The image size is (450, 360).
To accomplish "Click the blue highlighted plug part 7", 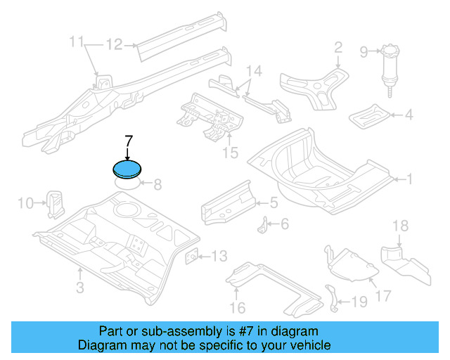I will pos(127,169).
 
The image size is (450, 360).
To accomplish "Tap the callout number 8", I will pos(157,185).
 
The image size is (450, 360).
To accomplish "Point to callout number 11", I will pos(77,44).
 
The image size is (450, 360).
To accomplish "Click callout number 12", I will pos(114,45).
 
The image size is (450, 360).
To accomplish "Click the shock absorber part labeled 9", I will pos(388,70).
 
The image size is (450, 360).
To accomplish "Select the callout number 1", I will pos(409,179).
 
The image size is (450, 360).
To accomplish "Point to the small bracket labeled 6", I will pos(266,226).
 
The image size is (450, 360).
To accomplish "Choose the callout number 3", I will pos(79,287).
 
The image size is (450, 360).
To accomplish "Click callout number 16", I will pos(237,307).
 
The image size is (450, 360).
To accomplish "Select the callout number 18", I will pos(399,226).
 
